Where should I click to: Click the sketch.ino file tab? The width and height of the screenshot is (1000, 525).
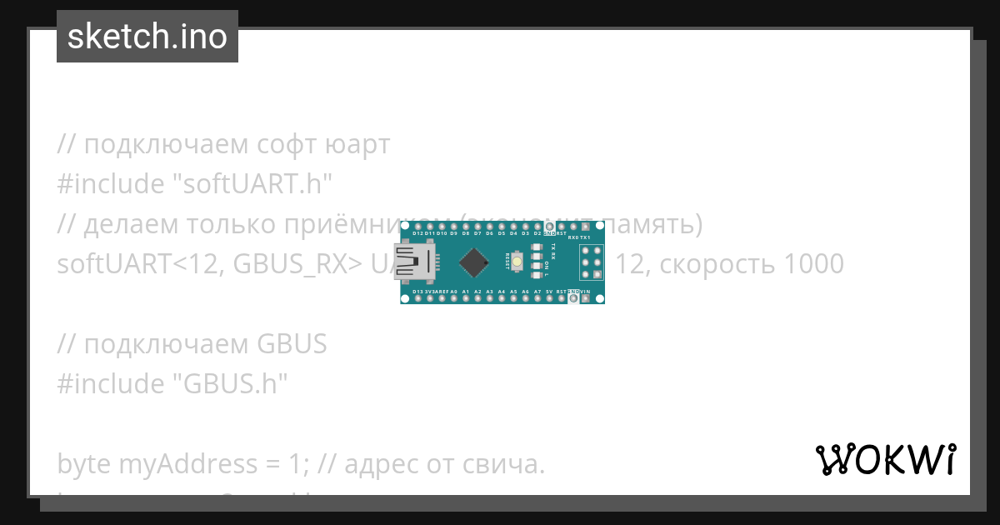pyautogui.click(x=147, y=37)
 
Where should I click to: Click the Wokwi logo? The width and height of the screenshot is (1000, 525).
pyautogui.click(x=885, y=459)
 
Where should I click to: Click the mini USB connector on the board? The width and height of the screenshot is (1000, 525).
pyautogui.click(x=415, y=262)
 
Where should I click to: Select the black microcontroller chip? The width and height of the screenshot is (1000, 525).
pyautogui.click(x=473, y=262)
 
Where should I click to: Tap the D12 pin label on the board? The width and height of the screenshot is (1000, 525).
pyautogui.click(x=417, y=234)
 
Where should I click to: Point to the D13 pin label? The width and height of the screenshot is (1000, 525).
pyautogui.click(x=417, y=292)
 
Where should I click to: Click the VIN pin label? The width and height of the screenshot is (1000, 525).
pyautogui.click(x=585, y=292)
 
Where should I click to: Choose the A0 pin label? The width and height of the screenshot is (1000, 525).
pyautogui.click(x=453, y=292)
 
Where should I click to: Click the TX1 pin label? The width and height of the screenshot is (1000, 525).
pyautogui.click(x=585, y=237)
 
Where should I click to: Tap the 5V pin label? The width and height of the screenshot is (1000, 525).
pyautogui.click(x=549, y=292)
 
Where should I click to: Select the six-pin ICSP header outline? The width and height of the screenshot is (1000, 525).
pyautogui.click(x=592, y=262)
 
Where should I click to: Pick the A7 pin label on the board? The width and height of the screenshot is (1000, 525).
pyautogui.click(x=537, y=292)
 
